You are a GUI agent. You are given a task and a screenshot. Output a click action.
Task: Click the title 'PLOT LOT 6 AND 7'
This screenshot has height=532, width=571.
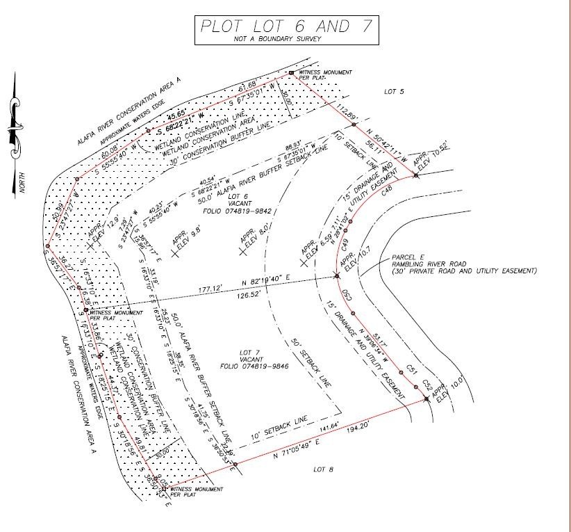pos(285,26)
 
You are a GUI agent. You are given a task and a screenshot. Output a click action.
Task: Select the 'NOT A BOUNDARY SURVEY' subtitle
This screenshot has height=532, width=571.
pos(285,40)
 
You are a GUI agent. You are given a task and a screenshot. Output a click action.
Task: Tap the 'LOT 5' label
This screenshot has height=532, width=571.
pos(395,91)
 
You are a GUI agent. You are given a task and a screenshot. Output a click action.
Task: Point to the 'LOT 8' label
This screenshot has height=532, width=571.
pos(323,470)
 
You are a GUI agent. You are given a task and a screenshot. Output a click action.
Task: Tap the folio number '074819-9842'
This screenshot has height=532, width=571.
pos(231,210)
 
